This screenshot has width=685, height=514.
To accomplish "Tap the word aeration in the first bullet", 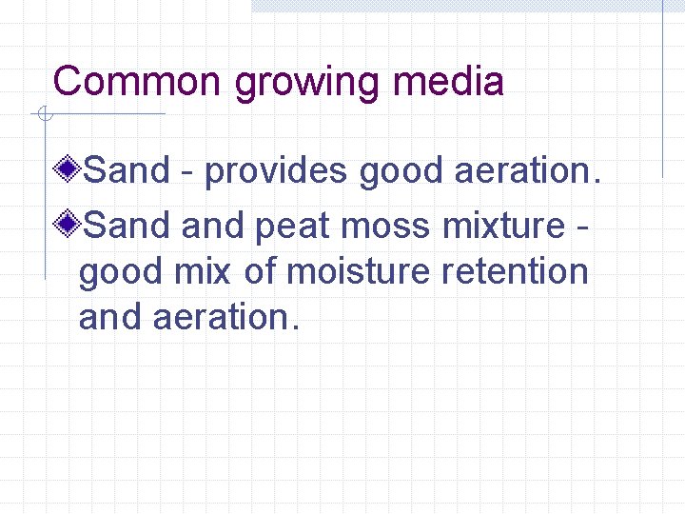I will [527, 171].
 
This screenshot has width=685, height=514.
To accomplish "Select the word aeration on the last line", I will [225, 317].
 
